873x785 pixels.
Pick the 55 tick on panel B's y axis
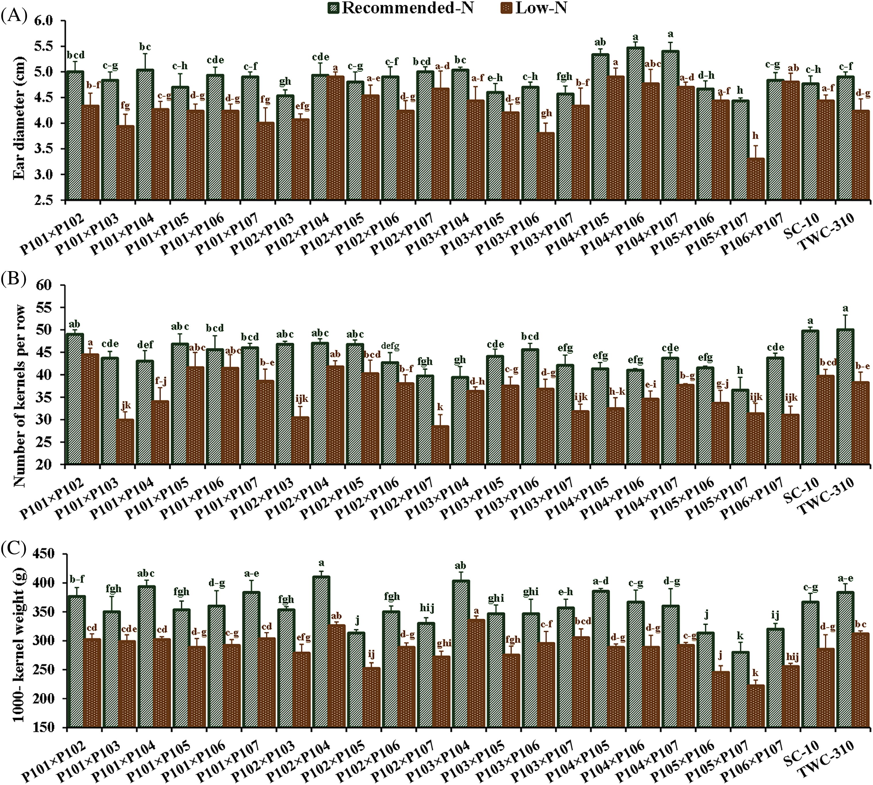pyautogui.click(x=54, y=308)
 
